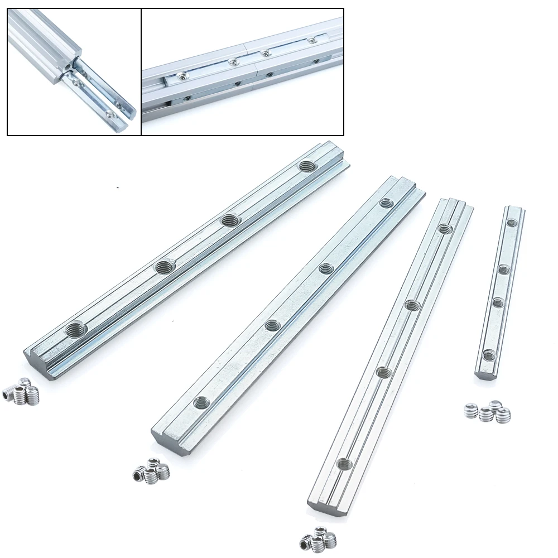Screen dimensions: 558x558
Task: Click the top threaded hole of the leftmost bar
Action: (306, 166)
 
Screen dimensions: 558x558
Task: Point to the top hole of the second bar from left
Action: (386, 203)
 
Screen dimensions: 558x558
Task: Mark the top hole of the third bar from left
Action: (444, 228)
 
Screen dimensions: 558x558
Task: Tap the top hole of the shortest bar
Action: (512, 223)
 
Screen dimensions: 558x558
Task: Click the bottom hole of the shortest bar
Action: (489, 354)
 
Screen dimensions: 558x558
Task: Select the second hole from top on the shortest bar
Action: (503, 270)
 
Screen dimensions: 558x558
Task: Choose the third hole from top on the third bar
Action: (383, 372)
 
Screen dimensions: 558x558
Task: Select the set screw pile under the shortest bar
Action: (488, 412)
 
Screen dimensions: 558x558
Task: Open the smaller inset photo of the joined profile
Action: (74, 72)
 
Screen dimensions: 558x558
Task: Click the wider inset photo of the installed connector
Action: (243, 72)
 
